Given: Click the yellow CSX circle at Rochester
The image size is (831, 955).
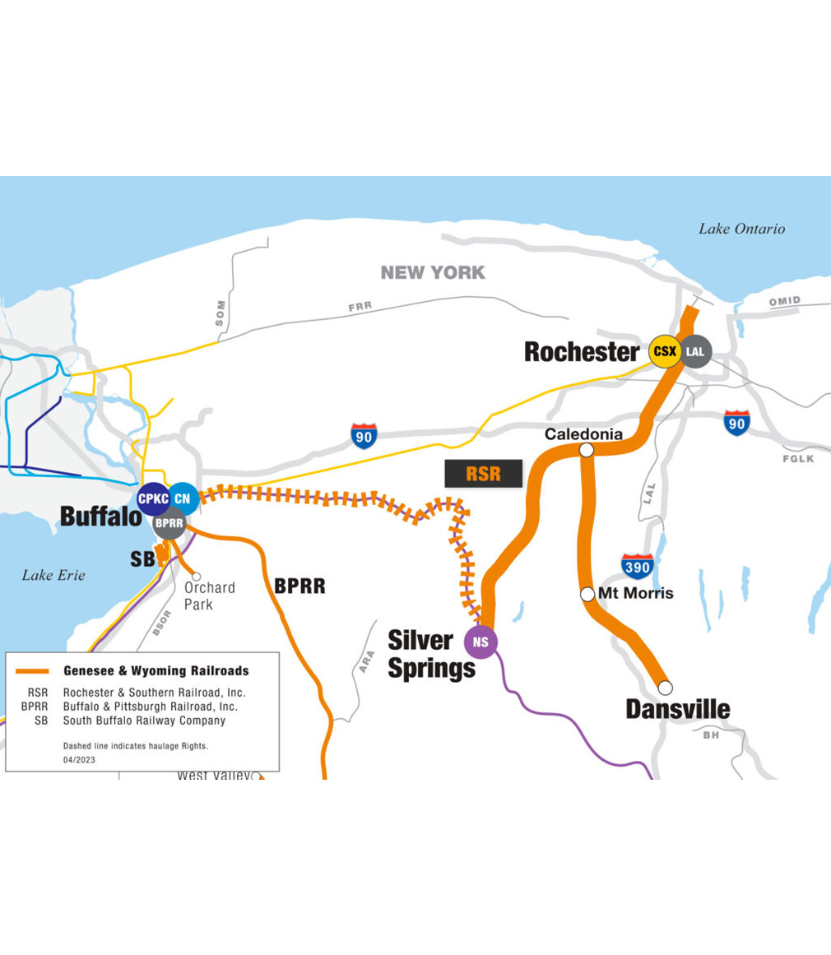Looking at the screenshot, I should pos(664,351).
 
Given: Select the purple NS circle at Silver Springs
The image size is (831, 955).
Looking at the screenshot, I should pos(481,642).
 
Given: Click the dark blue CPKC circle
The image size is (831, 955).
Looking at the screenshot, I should pos(154,498).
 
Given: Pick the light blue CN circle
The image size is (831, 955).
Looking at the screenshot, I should pos(182,498).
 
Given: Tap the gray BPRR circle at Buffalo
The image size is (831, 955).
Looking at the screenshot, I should pos(169,522).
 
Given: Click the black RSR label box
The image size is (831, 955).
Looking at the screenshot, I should pos(483,474).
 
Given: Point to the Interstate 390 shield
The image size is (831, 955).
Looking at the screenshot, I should pos(638,566).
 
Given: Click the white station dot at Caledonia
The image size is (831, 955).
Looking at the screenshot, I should pos(587,450).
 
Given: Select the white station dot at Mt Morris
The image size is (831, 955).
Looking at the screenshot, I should pos(587,594).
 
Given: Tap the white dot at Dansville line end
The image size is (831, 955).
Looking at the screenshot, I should pos(665,687).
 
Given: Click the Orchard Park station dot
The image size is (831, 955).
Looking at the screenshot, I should pos(197,576).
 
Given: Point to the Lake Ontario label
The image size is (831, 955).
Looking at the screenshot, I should pos(741,229).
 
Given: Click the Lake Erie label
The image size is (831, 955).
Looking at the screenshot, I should pos(53,575).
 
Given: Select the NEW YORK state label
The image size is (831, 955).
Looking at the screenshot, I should pos(433,272).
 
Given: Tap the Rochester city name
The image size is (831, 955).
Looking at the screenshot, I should pos(581,352).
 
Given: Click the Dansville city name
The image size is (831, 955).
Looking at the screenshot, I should pos(677,708).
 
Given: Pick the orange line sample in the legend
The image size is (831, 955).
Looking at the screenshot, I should pos(32,671).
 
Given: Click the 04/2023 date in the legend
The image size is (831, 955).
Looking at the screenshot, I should pos(78,760).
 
